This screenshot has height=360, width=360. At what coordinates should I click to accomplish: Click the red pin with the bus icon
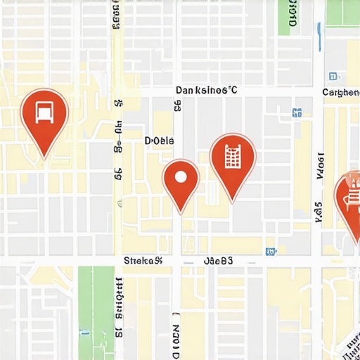pos(44,116)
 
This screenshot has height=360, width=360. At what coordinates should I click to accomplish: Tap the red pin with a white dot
pos(181,180)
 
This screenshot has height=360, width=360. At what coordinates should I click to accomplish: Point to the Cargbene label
pos(340,92)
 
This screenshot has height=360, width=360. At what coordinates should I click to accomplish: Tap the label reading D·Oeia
pos(159,141)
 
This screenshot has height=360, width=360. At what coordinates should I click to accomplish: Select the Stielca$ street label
pos(143,261)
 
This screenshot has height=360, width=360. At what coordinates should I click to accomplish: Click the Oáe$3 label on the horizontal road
pos(218,261)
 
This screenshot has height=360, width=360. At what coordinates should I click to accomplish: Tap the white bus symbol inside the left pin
pos(44,111)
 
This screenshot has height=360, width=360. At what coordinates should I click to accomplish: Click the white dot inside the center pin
pos(181,176)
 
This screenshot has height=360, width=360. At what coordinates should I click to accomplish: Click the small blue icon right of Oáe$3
pos(270,251)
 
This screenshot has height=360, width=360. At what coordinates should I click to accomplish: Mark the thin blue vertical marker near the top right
pos(320,37)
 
